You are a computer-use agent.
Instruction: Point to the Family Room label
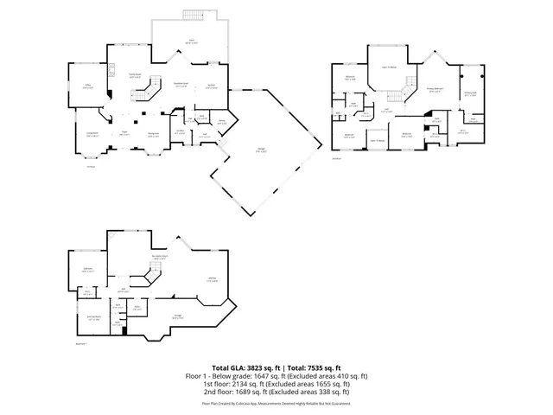pos(135,75)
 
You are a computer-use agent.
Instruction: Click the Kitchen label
pos(212,85)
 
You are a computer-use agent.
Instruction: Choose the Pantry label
pos(222,122)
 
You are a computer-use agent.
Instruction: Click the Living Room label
pos(92,133)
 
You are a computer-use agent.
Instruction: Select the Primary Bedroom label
pos(436,89)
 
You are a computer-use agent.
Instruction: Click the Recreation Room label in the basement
pos(159,258)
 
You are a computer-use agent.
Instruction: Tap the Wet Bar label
pos(212,278)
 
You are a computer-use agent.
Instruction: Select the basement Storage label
pos(177,316)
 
